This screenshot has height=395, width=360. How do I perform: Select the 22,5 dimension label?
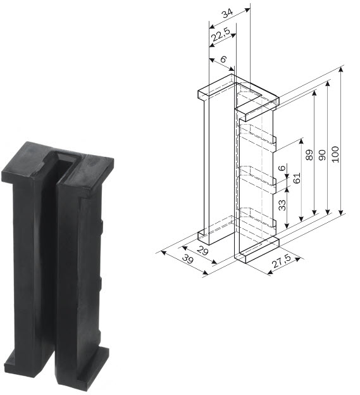pyautogui.click(x=221, y=37)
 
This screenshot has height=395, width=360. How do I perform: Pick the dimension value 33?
pyautogui.click(x=283, y=204)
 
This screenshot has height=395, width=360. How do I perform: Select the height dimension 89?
pyautogui.click(x=309, y=155)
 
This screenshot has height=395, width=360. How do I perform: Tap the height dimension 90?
pyautogui.click(x=322, y=155)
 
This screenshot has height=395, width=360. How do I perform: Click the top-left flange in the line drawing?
pyautogui.click(x=215, y=88)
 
